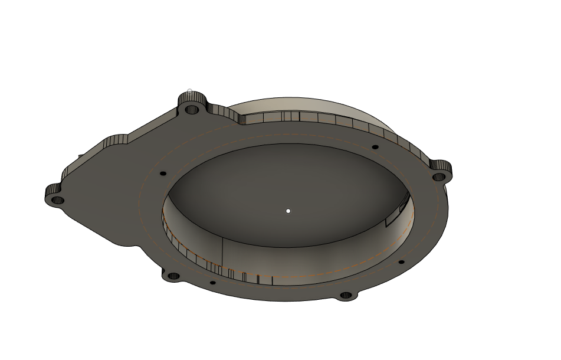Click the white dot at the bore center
pyautogui.click(x=288, y=211)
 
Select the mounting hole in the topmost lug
pyautogui.click(x=191, y=109)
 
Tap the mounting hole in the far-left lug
pyautogui.click(x=58, y=200)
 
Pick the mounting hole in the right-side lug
pyautogui.click(x=438, y=176)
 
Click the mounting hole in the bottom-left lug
pyautogui.click(x=173, y=276)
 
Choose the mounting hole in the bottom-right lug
pyautogui.click(x=346, y=294)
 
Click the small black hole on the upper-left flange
pyautogui.click(x=163, y=174)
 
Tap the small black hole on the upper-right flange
pyautogui.click(x=375, y=147)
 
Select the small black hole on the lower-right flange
pyautogui.click(x=401, y=262)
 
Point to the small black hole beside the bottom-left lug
pyautogui.click(x=213, y=283)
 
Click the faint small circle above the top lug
pyautogui.click(x=189, y=91)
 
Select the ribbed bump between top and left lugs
pyautogui.click(x=116, y=140)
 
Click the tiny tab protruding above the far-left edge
pyautogui.click(x=80, y=157)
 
